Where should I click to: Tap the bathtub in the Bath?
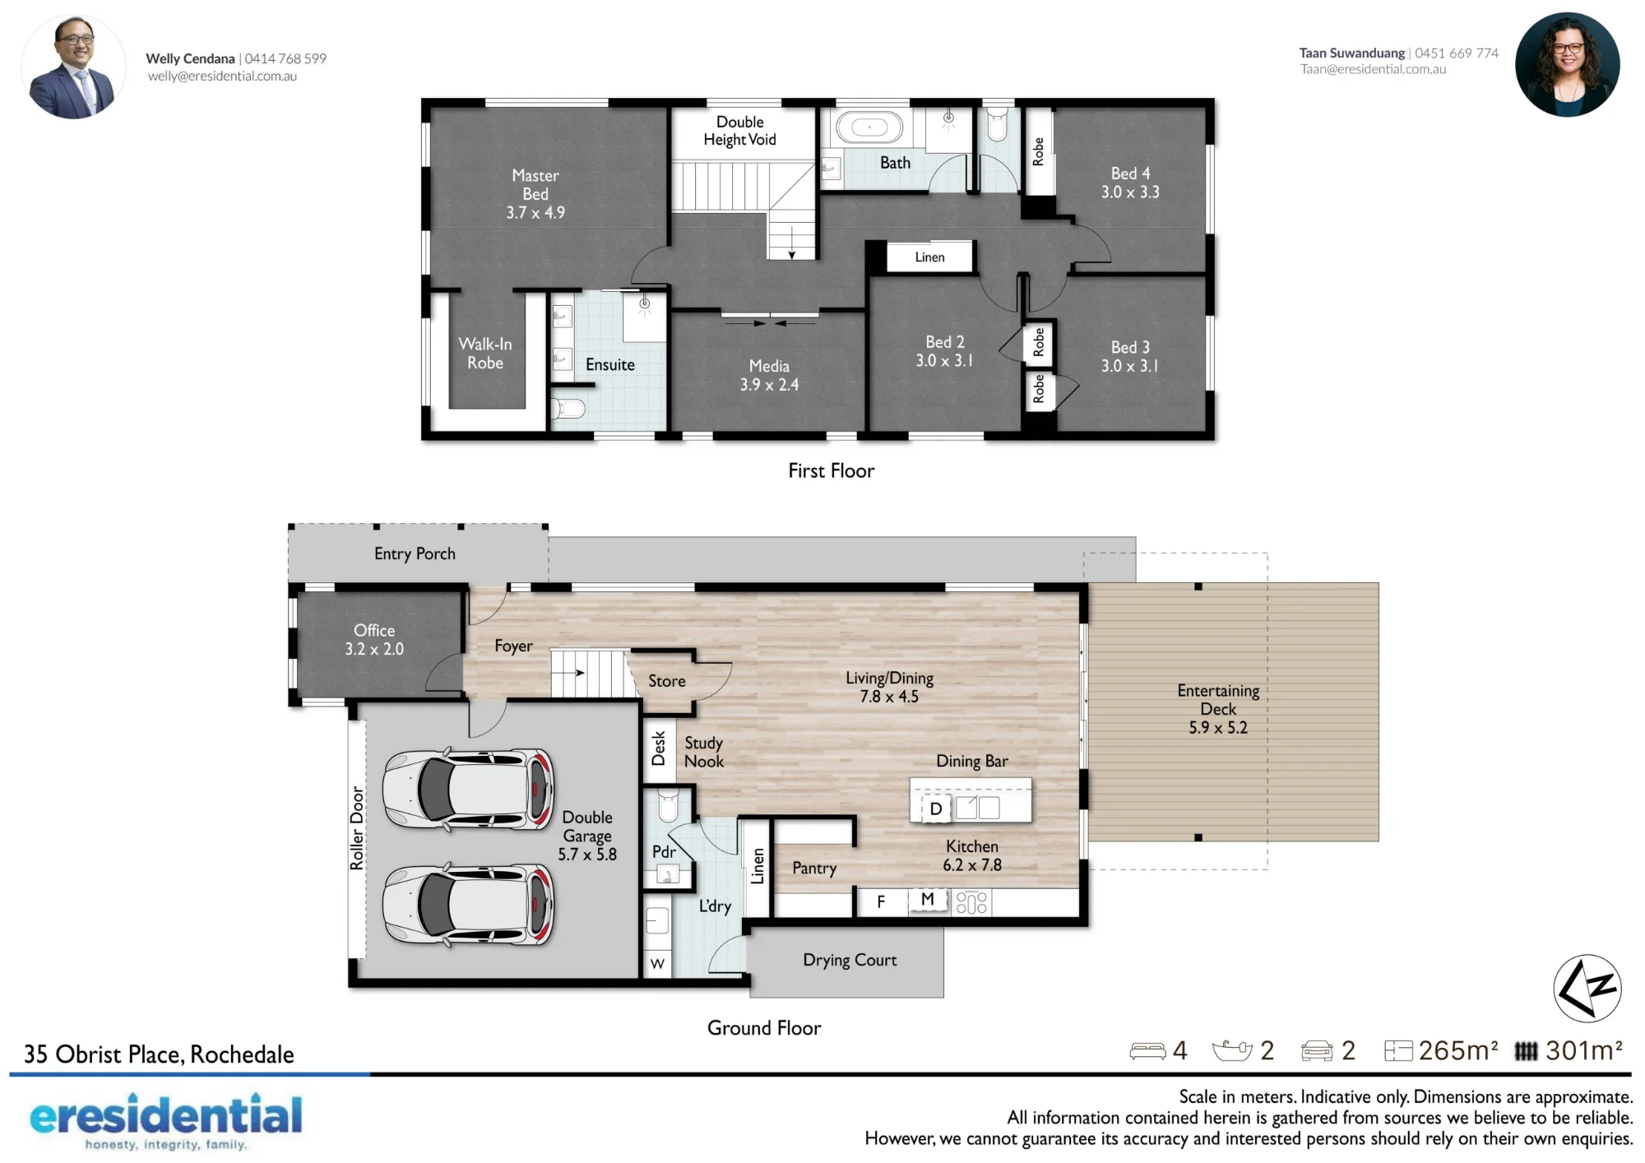tap(869, 127)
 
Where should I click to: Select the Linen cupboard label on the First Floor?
tap(929, 257)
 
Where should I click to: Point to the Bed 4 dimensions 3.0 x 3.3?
tap(1130, 192)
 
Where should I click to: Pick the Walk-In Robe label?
tap(485, 354)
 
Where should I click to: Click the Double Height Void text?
tap(739, 131)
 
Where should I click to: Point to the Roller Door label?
tap(357, 828)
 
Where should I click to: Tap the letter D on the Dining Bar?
tap(936, 809)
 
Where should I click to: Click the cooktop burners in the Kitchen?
tap(971, 902)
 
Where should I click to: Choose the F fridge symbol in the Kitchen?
tap(881, 902)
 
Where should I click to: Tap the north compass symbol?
tap(1587, 988)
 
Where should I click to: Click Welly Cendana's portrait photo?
tap(73, 67)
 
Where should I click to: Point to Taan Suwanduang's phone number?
tap(1457, 53)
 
